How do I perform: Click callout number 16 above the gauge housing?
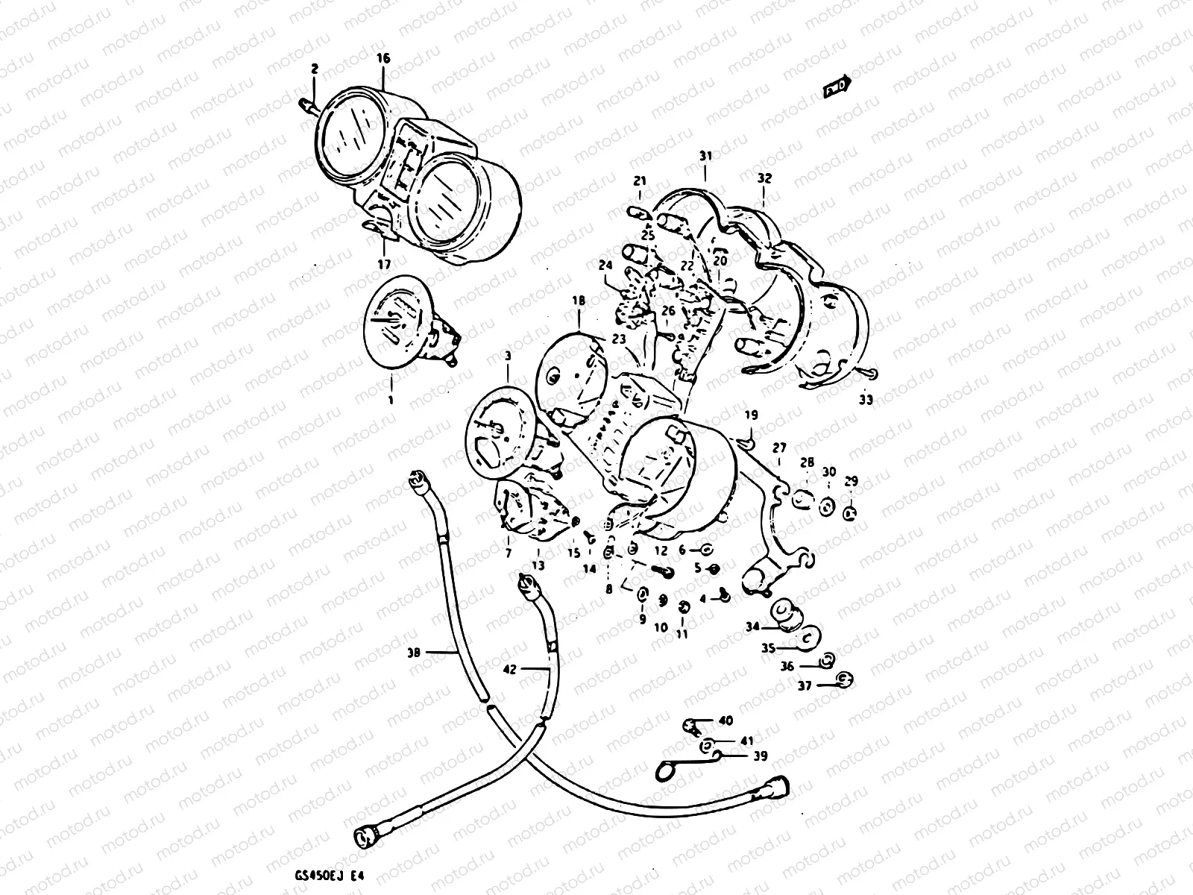coord(383,58)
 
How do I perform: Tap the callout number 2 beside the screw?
coord(315,69)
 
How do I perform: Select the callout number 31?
coord(705,156)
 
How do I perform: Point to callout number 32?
coord(764,179)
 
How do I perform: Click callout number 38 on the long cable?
coord(415,653)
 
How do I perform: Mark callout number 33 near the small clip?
coord(865,400)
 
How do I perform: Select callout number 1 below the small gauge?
coord(389,400)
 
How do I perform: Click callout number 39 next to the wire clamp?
coord(759,756)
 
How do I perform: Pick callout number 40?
coord(725,720)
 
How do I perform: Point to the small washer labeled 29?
coord(851,513)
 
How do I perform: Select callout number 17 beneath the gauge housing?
coord(384,264)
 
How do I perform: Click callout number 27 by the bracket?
coord(779,448)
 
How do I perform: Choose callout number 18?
coord(579,301)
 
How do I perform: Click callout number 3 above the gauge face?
coord(508,357)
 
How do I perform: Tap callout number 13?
coord(538,565)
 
